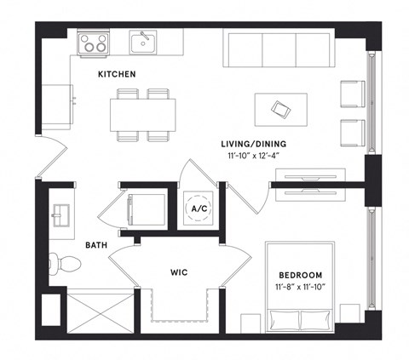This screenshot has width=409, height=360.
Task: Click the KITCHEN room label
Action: click(x=117, y=75)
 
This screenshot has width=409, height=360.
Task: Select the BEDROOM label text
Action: click(x=300, y=275)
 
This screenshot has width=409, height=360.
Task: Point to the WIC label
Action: click(x=179, y=272)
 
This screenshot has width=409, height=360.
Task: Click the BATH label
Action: click(x=95, y=245)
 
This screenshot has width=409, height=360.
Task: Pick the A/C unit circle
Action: click(x=200, y=209)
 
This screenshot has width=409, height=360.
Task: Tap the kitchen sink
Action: click(x=143, y=41)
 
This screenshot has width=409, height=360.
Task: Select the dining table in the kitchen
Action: click(x=142, y=111)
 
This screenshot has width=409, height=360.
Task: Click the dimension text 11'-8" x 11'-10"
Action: click(x=300, y=288)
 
